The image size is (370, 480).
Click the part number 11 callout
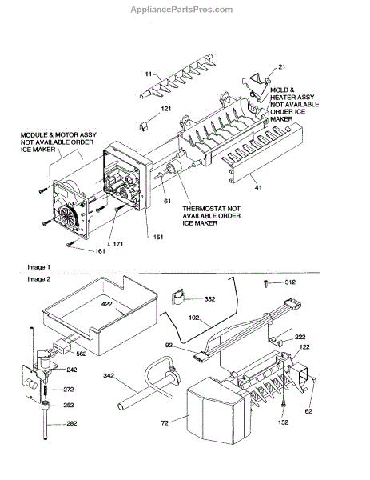[x=149, y=74]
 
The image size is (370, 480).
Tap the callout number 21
[x=281, y=67]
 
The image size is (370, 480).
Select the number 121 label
[x=166, y=109]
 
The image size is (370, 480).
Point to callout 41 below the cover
[x=258, y=187]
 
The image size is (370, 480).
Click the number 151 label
[x=158, y=238]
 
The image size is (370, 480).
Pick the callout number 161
[x=100, y=251]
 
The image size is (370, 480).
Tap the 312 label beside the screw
[x=290, y=282]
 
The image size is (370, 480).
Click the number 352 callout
[x=209, y=299]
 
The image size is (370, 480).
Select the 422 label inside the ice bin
[x=107, y=304]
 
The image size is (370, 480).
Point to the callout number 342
[x=109, y=375]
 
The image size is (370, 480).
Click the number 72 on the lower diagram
[x=165, y=423]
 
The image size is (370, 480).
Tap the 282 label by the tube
[x=72, y=424]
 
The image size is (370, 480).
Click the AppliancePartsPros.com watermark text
[x=181, y=10]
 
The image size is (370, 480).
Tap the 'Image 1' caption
[x=39, y=267]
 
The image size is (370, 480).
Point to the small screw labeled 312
[x=266, y=284]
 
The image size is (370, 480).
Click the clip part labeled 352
[x=178, y=297]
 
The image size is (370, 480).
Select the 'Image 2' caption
[x=39, y=279]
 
